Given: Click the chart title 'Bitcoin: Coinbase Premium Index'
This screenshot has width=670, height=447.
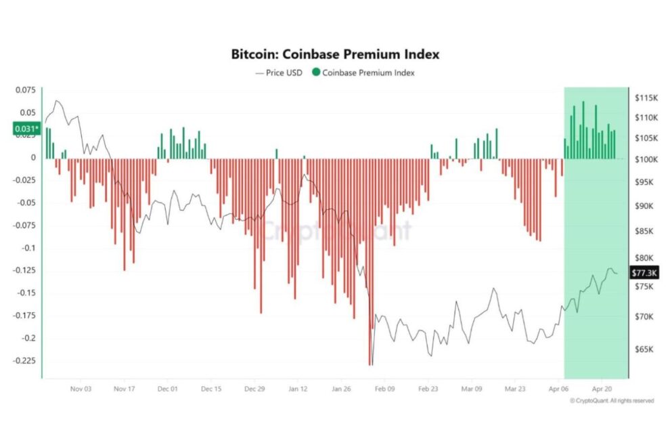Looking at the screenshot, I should click(x=335, y=54).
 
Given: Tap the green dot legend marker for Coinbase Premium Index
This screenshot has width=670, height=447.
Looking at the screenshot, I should click(x=316, y=72).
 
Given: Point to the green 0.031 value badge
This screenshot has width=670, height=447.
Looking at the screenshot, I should click(x=26, y=128).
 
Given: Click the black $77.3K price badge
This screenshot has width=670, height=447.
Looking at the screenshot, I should click(x=643, y=272).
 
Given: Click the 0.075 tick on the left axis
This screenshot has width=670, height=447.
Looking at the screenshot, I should click(x=25, y=89).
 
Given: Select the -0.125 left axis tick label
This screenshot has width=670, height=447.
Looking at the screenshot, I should click(x=24, y=270).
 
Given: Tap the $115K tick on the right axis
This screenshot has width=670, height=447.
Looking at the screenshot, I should click(x=646, y=98).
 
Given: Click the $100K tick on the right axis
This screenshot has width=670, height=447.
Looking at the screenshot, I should click(x=646, y=160).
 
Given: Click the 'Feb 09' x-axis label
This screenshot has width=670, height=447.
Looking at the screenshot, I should click(x=384, y=389).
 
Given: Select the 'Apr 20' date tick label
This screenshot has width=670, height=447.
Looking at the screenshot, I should click(x=602, y=389).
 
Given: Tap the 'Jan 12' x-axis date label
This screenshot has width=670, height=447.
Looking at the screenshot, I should click(x=298, y=389).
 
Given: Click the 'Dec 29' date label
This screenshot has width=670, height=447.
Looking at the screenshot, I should click(x=254, y=389).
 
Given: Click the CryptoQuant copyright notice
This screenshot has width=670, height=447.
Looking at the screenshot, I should click(x=612, y=401).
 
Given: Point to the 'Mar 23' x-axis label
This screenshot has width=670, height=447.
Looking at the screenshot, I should click(x=514, y=389).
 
